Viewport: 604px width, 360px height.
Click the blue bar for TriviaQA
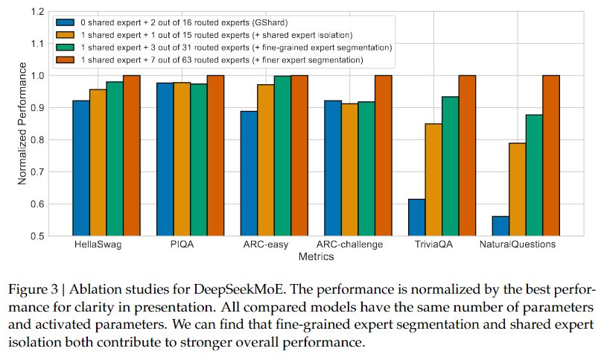pos(417,218)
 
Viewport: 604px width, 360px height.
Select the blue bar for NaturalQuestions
pos(500,227)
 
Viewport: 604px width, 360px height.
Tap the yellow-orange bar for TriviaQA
pos(433,180)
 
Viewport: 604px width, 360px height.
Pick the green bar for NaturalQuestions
pos(534,175)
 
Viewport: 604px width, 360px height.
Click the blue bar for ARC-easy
pos(249,174)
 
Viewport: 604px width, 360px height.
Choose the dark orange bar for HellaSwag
pos(132,156)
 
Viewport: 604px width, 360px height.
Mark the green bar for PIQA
pos(199,160)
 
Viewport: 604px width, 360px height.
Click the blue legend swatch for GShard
pos(65,22)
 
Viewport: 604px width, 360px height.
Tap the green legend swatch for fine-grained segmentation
pos(65,48)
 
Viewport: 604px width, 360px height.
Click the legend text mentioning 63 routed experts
pos(222,60)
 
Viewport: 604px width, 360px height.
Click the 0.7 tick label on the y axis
pos(37,172)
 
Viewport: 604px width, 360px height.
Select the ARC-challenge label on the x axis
pos(350,244)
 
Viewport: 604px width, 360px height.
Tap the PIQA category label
pos(182,244)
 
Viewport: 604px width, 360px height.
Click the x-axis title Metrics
pos(317,256)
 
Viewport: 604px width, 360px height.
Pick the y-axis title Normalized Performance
pos(22,123)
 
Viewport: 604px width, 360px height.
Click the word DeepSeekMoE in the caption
pos(239,289)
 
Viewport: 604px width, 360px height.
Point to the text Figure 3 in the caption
pos(33,289)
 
